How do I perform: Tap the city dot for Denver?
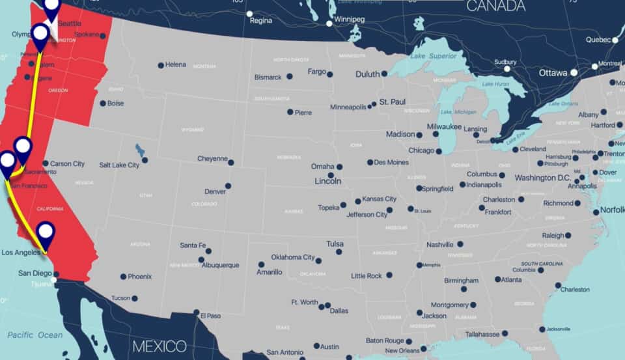[228, 186]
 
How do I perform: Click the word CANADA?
[496, 7]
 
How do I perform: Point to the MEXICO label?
[160, 346]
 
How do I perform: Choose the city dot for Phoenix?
[123, 277]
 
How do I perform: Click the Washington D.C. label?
[542, 178]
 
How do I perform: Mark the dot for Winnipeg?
[329, 23]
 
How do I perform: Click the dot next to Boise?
[102, 104]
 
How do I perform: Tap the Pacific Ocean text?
[35, 335]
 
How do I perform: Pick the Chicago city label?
[421, 150]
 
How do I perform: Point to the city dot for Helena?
[161, 65]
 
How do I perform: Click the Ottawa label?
[553, 73]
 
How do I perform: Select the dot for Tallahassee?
[505, 333]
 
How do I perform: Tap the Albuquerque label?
[220, 266]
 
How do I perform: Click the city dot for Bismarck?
[290, 76]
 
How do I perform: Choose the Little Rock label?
[367, 276]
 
